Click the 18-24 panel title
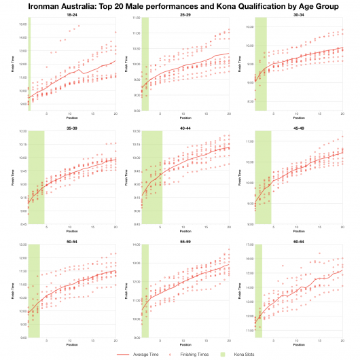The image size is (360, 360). click(x=71, y=14)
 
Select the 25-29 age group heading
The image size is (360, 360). click(x=185, y=14)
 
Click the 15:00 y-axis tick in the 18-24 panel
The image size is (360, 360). click(x=22, y=24)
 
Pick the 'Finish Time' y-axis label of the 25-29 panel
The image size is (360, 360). click(x=126, y=65)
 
